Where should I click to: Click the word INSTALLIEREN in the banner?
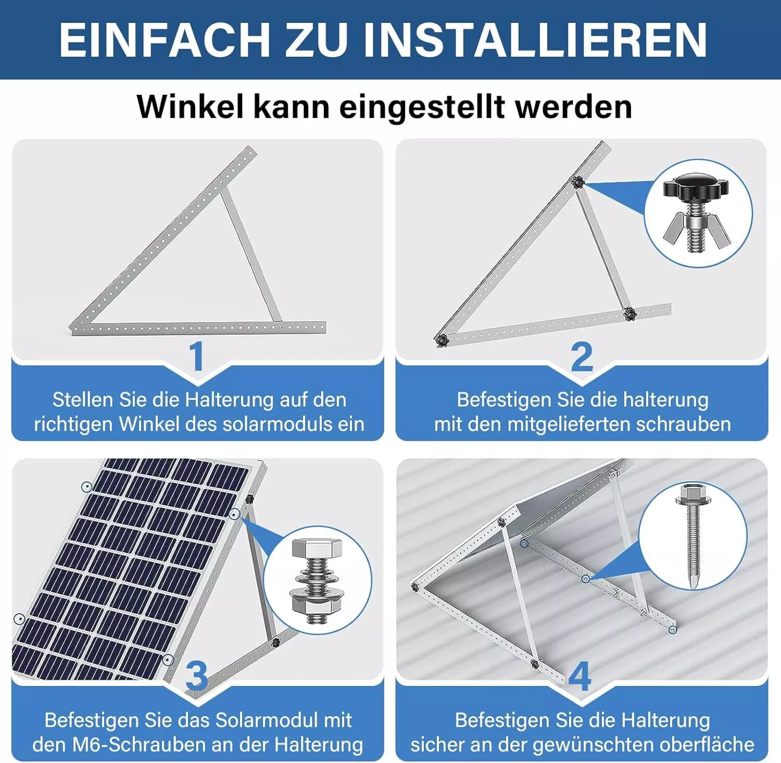pos(535,40)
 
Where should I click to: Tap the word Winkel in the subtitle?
pos(190,107)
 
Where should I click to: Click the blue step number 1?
pos(196,357)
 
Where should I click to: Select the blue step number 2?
pos(582,357)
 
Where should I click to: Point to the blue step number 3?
pos(196,676)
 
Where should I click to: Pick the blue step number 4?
pos(580,676)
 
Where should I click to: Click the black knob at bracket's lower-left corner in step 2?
pos(442,340)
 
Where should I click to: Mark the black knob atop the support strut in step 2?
pos(577,183)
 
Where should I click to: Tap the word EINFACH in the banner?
pos(164,40)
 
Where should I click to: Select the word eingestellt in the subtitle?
pos(422,108)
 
